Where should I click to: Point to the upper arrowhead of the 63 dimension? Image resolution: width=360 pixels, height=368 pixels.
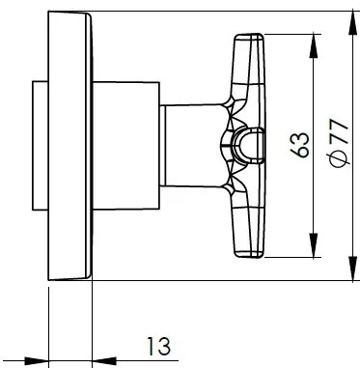(x=311, y=42)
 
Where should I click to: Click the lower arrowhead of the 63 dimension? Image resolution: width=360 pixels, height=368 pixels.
(x=311, y=253)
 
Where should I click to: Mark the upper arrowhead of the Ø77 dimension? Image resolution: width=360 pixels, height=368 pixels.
(x=346, y=18)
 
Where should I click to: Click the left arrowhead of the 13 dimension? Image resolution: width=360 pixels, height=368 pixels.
(x=39, y=362)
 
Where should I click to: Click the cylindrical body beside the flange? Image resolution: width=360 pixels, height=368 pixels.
(x=125, y=147)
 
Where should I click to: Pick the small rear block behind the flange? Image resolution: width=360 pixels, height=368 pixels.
(x=41, y=147)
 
